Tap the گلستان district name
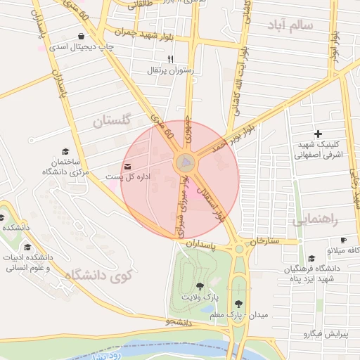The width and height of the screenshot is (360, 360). (x=112, y=120)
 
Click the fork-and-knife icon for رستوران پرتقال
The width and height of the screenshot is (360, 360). (x=170, y=60)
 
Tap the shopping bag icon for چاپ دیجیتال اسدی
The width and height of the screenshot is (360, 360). (x=82, y=36)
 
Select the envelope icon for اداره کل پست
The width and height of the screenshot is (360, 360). (x=127, y=166)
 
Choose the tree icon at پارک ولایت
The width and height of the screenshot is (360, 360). (x=200, y=286)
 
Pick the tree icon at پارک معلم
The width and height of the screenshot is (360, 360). (x=238, y=304)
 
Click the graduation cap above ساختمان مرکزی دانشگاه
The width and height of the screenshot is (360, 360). (x=65, y=152)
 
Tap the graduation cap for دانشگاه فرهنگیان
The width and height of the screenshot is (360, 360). (x=311, y=259)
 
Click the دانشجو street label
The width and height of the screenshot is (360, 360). (x=179, y=322)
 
